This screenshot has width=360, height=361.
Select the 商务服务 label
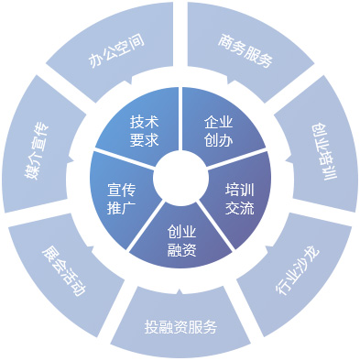(245, 50)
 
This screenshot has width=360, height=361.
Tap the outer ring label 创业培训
(324, 151)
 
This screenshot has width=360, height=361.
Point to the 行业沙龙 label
(297, 270)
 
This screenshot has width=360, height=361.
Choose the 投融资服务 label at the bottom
(180, 327)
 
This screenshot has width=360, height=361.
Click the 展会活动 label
(63, 270)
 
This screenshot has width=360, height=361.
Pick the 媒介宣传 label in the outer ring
(37, 151)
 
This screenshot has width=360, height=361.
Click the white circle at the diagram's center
(180, 179)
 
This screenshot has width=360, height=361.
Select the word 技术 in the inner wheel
(144, 122)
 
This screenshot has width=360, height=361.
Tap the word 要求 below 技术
(144, 140)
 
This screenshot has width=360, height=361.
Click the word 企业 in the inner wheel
(218, 122)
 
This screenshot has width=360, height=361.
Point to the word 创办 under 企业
(218, 140)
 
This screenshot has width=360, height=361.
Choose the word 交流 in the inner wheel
(240, 208)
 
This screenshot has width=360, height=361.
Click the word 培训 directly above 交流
(240, 190)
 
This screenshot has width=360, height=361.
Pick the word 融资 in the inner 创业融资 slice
(181, 250)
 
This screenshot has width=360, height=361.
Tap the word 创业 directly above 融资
(181, 233)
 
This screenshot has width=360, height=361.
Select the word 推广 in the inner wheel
(121, 208)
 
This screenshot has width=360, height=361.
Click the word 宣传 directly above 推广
(121, 190)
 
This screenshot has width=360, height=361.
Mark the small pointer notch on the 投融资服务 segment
(180, 291)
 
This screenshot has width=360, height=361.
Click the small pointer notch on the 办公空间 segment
(131, 81)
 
